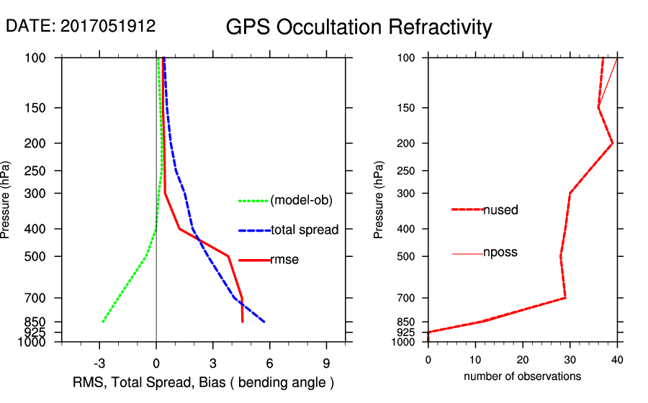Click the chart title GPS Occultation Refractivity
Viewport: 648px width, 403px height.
(359, 27)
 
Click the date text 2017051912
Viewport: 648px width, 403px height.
(108, 27)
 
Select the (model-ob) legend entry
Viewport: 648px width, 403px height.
(301, 201)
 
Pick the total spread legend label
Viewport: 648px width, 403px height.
(305, 230)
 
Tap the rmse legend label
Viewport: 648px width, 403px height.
(284, 260)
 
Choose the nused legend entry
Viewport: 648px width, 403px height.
(500, 210)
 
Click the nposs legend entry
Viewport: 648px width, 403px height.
(500, 253)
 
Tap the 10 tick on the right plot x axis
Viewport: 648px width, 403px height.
(475, 359)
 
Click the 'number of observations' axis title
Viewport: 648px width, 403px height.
(522, 376)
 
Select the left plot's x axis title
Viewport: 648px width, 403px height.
(204, 381)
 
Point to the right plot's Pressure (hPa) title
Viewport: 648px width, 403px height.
(379, 200)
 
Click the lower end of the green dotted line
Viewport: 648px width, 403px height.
(103, 322)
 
